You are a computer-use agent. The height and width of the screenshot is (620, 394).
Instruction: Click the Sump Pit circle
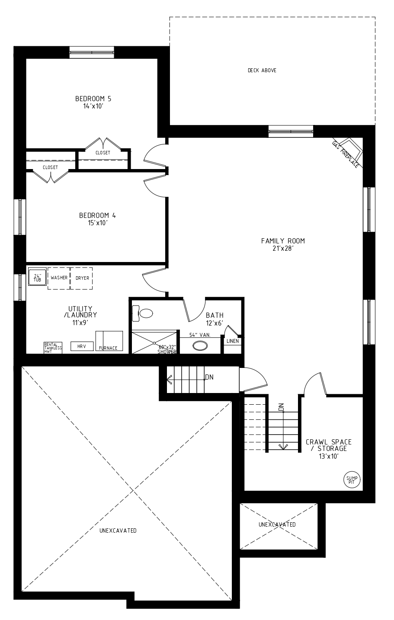[352, 479]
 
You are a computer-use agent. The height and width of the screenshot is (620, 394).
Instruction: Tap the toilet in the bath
[143, 313]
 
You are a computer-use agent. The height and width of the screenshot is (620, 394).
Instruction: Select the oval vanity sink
[200, 346]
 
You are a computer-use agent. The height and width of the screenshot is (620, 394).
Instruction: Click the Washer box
[59, 278]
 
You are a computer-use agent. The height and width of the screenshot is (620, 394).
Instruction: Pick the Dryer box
[82, 278]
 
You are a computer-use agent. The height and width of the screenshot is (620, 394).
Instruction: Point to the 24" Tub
[37, 277]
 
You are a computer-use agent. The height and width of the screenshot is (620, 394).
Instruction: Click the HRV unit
[82, 346]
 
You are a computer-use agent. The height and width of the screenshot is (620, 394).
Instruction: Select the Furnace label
[108, 348]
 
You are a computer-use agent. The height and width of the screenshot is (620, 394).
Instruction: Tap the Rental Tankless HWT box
[53, 348]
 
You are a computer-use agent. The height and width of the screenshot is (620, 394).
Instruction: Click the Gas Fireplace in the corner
[349, 153]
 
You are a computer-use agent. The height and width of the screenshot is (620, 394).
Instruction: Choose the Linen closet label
[233, 341]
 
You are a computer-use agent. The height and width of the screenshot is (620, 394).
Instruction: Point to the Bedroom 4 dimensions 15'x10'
[98, 223]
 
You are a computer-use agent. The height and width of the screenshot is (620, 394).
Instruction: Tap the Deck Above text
[262, 70]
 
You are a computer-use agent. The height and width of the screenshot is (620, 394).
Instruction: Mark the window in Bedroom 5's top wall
[92, 52]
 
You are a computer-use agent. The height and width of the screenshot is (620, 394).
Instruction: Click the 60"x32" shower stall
[154, 343]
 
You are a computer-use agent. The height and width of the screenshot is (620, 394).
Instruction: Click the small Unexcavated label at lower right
[277, 524]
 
